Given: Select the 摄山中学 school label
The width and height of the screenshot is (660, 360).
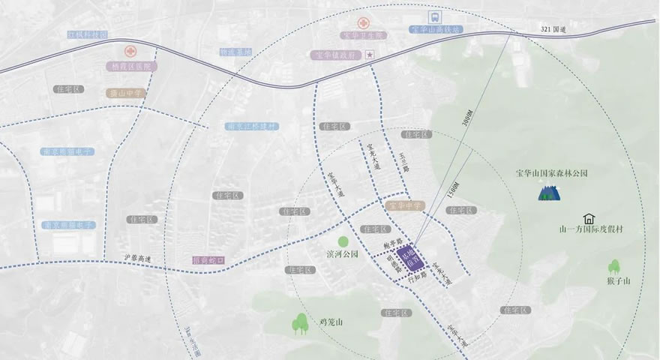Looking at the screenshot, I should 124,94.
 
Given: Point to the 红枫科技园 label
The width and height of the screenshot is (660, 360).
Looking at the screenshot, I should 88,35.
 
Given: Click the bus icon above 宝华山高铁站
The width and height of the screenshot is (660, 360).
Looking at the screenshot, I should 433,16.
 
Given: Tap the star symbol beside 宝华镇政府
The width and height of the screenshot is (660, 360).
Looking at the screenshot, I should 369,55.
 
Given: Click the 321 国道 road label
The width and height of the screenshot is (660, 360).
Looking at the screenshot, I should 556,28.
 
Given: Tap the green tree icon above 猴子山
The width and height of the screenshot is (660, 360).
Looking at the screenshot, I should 615,266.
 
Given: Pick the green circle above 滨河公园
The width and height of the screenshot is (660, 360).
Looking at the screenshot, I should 343,241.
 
